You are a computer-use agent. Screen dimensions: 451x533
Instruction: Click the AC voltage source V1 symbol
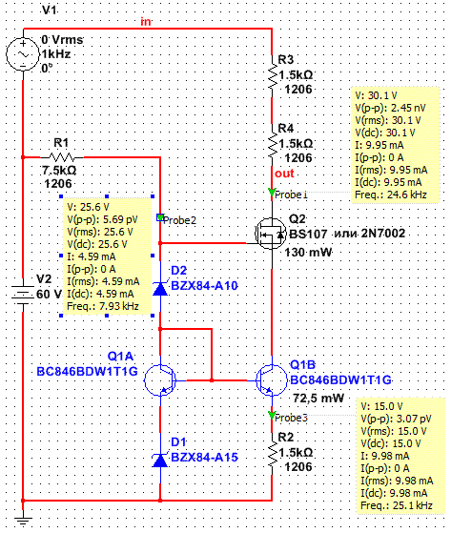23,54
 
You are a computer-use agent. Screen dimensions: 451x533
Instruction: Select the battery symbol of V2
23,295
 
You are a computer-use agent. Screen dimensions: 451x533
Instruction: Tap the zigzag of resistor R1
62,157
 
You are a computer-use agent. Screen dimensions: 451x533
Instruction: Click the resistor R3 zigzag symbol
272,76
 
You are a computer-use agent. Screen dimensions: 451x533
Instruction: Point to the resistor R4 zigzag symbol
272,145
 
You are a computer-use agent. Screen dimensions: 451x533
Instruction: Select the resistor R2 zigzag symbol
272,454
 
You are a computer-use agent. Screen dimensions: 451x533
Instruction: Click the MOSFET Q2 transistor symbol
271,234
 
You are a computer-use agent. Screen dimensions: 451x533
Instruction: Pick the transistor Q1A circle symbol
160,380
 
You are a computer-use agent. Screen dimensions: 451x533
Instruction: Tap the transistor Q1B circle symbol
272,380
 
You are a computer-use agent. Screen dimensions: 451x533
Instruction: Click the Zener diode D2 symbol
160,289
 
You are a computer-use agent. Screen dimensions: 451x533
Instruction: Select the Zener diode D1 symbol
160,461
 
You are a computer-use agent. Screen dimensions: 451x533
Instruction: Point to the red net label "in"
146,22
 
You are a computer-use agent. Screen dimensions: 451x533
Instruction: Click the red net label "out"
284,174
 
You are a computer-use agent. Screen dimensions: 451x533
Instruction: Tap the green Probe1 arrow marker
271,192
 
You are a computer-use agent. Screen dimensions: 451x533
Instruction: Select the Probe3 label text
291,418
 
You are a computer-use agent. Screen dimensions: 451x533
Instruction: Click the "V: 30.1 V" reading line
376,95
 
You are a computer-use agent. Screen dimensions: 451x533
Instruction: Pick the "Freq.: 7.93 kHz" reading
103,306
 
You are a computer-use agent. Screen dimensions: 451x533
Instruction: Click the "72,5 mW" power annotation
318,398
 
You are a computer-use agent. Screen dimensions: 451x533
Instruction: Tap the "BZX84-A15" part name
204,457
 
